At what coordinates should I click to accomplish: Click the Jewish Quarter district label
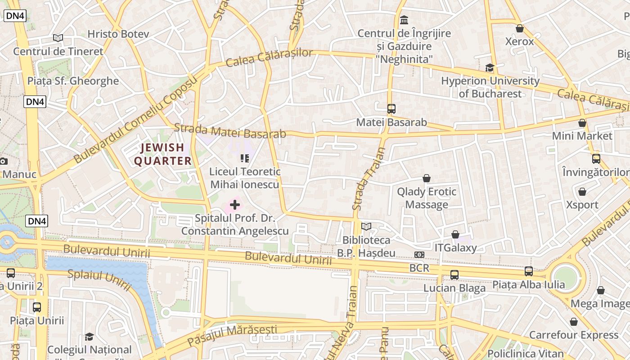click(x=163, y=154)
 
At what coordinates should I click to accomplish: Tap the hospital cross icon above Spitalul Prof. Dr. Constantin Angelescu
click(x=235, y=205)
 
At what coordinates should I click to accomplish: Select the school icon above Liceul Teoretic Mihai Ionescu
click(x=245, y=158)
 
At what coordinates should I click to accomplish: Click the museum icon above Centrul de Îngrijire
click(x=404, y=20)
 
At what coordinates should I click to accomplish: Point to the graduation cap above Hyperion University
click(x=490, y=68)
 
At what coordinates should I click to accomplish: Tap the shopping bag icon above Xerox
click(x=520, y=28)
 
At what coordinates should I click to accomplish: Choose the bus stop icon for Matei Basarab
click(x=391, y=109)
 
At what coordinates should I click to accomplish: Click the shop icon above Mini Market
click(x=582, y=123)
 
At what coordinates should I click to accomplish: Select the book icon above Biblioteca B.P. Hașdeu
click(x=367, y=227)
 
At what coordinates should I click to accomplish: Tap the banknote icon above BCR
click(x=419, y=255)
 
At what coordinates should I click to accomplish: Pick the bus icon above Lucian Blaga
click(x=454, y=275)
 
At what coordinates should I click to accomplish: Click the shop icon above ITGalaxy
click(x=455, y=234)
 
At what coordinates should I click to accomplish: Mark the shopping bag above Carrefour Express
click(x=573, y=322)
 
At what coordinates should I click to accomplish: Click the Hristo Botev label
click(x=112, y=34)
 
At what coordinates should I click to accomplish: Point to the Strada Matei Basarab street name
click(x=229, y=131)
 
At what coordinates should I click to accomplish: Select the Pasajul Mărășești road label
click(x=232, y=335)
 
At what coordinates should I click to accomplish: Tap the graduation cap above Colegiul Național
click(x=89, y=337)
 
